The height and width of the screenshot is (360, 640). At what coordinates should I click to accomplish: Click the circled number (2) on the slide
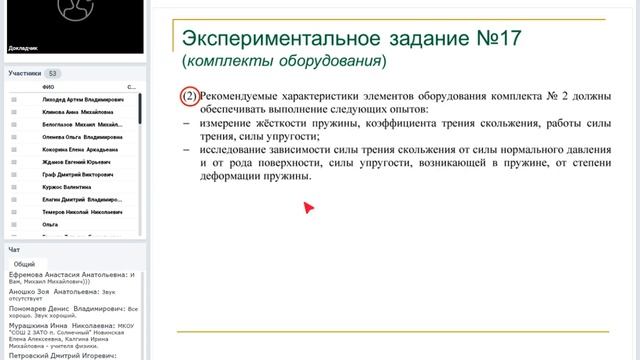coord(189,97)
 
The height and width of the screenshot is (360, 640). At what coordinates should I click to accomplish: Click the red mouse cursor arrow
coord(309,207)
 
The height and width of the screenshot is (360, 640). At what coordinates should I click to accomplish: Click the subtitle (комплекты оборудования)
coord(283,61)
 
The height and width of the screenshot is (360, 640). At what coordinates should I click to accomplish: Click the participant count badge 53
coord(52,73)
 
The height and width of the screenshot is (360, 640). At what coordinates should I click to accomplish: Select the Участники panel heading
coord(24,73)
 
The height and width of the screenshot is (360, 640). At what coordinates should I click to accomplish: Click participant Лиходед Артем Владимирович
coord(83,100)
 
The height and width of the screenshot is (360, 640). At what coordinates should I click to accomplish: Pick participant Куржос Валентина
coord(67,186)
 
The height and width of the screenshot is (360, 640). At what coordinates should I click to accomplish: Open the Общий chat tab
coord(25,264)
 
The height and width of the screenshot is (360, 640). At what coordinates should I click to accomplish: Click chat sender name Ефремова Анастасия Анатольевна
coord(68,273)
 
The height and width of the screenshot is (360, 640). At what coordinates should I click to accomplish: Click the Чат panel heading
coord(13,249)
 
